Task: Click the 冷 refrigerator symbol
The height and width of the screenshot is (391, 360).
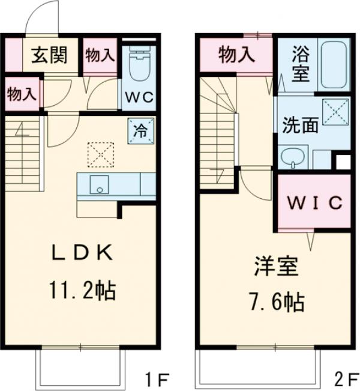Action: click(140, 129)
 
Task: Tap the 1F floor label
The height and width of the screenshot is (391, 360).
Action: click(158, 380)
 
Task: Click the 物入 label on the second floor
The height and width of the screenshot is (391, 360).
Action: click(236, 55)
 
